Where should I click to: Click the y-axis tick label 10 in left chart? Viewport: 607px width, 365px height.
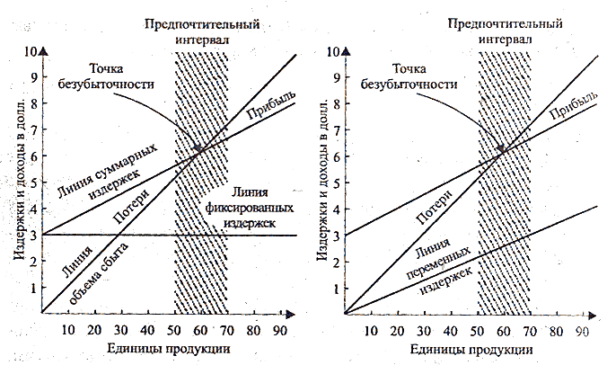[x=31, y=51]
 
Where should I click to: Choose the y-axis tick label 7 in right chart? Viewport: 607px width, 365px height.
[x=336, y=129]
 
